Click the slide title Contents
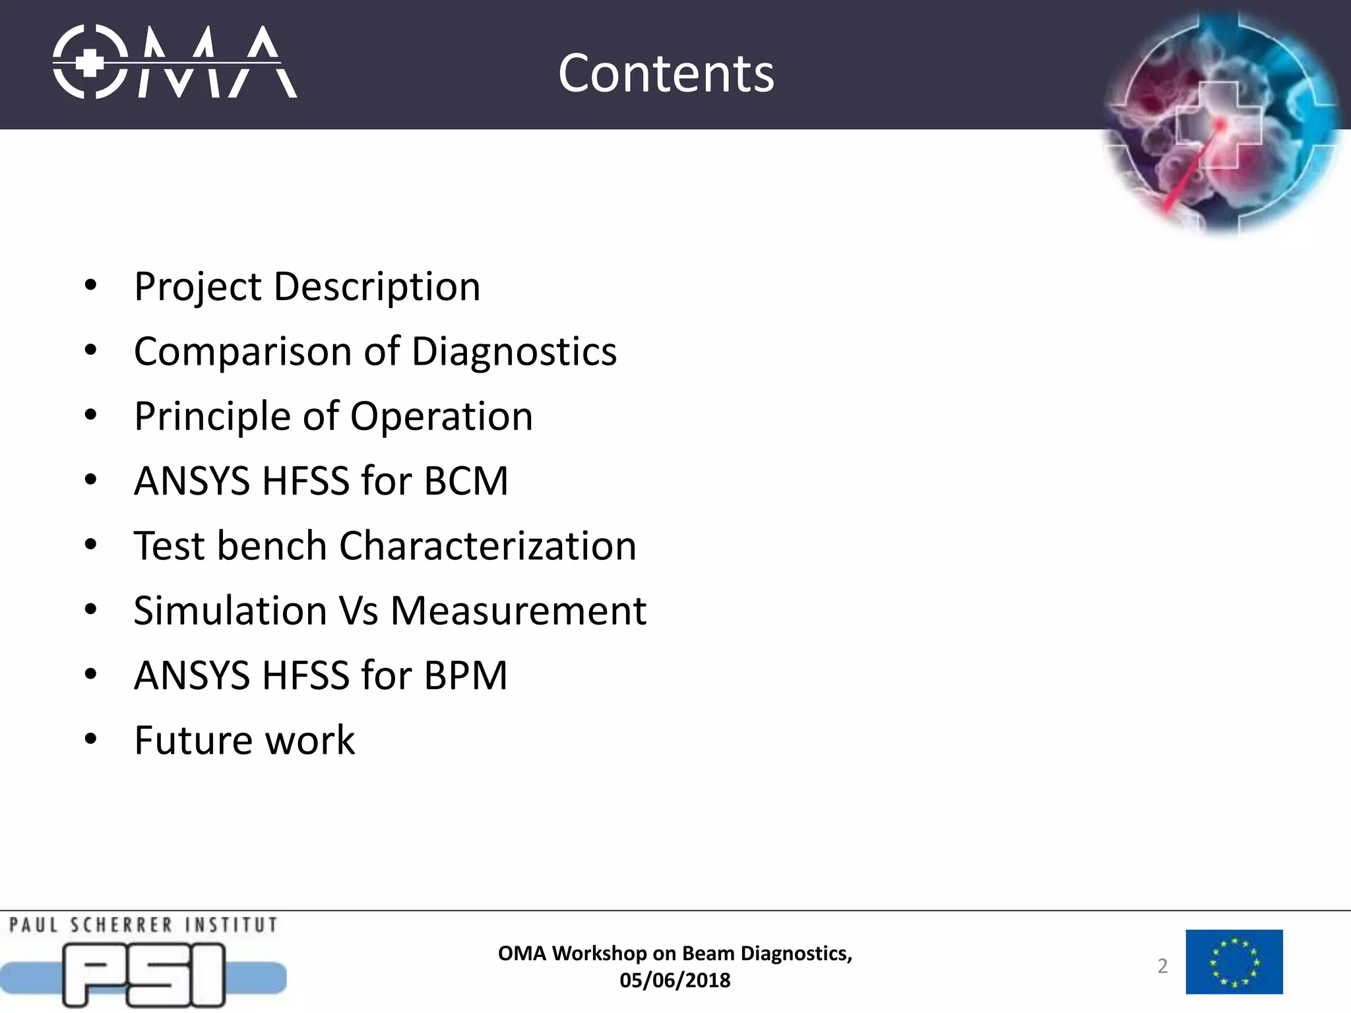point(666,73)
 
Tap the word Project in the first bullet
point(198,288)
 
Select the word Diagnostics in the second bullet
point(514,352)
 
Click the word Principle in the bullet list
point(212,417)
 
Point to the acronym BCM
point(466,481)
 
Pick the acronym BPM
point(466,676)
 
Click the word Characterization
point(487,546)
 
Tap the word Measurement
point(518,611)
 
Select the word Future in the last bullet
point(191,741)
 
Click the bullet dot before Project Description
point(91,286)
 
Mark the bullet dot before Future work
point(91,739)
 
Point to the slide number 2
point(1162,966)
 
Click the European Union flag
point(1234,962)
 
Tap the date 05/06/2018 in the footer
point(675,981)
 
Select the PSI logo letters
point(144,975)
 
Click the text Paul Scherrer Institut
point(143,925)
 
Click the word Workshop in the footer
point(600,954)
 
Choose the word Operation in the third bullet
point(441,417)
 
